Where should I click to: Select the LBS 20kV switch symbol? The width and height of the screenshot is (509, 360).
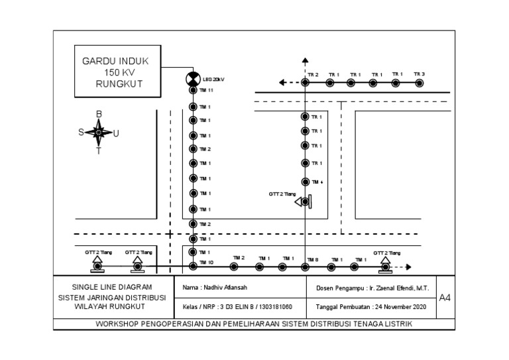[x=192, y=80]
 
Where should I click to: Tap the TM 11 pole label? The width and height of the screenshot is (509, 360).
[x=206, y=91]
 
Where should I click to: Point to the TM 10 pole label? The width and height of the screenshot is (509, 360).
[x=206, y=263]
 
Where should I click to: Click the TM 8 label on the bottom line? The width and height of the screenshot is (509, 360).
[x=313, y=259]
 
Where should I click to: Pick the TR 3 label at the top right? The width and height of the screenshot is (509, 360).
[x=419, y=74]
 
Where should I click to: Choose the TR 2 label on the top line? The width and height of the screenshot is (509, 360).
[x=313, y=74]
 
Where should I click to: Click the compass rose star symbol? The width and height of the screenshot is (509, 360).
[x=99, y=133]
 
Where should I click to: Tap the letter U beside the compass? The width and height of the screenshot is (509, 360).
[x=116, y=133]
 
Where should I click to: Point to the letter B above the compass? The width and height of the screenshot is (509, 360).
[x=99, y=114]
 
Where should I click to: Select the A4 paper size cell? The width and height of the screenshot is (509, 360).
[x=445, y=298]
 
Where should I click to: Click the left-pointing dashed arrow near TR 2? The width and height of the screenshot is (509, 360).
[x=284, y=83]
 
